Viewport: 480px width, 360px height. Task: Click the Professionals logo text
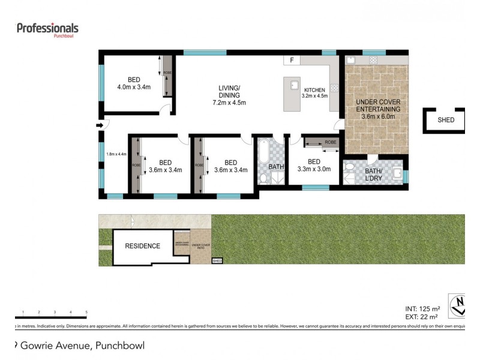(47, 28)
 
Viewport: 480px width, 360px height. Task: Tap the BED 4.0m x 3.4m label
(134, 83)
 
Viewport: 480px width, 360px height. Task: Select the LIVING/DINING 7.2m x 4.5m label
(229, 95)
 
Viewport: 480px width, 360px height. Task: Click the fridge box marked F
(292, 61)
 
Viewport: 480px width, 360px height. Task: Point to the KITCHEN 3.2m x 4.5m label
(314, 92)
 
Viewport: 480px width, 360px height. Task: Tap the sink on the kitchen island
(294, 85)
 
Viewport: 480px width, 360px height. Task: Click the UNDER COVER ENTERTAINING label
(377, 109)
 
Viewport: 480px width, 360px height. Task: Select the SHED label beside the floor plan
(446, 120)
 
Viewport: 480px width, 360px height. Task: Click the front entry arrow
(98, 125)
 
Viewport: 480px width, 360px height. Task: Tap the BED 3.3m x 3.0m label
(314, 166)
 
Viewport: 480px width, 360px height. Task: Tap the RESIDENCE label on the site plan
(142, 246)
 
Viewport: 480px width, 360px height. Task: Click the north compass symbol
(457, 305)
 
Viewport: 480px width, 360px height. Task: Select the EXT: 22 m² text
(422, 316)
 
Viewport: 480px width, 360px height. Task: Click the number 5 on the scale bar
(86, 313)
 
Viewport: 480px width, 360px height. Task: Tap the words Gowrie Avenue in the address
(58, 345)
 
